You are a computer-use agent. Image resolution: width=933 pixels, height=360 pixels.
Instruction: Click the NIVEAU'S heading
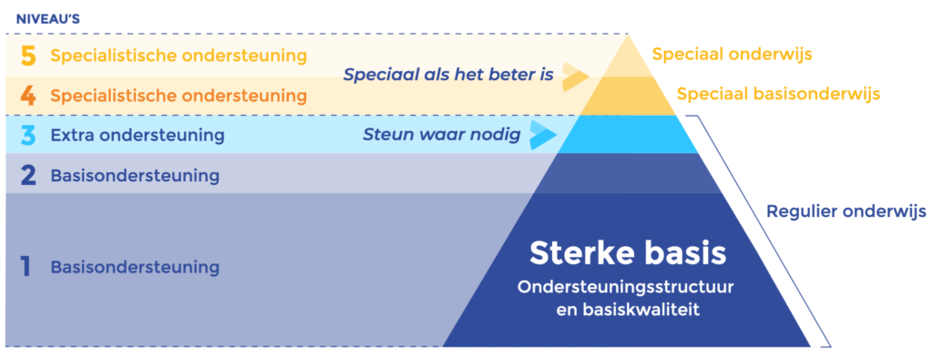click(48, 19)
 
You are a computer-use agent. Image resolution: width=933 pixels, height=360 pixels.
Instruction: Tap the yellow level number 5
click(28, 56)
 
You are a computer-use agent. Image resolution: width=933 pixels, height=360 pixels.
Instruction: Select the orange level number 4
click(28, 95)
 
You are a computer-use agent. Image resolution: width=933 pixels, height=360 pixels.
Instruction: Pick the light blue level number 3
click(28, 135)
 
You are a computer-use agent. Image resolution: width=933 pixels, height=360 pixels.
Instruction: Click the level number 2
click(28, 176)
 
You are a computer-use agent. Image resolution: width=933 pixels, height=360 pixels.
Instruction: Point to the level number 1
click(26, 267)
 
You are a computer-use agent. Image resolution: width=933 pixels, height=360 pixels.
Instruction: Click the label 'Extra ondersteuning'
click(138, 135)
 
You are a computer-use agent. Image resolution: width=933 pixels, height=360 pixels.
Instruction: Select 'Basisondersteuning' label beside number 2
click(135, 176)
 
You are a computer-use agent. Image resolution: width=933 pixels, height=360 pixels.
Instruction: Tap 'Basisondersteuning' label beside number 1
click(135, 267)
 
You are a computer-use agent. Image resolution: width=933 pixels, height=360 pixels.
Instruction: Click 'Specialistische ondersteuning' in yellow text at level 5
click(179, 56)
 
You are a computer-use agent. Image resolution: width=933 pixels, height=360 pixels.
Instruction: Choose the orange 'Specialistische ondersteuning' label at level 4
click(179, 95)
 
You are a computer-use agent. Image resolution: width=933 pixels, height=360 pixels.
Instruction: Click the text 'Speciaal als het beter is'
click(448, 76)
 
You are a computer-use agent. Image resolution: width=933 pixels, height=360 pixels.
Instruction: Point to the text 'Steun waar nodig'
click(442, 135)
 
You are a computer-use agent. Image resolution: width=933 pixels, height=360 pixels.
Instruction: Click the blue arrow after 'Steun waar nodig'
click(544, 135)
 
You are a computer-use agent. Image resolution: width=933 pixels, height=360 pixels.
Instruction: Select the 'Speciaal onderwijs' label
click(733, 55)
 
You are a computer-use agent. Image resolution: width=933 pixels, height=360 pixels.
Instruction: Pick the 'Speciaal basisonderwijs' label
click(778, 94)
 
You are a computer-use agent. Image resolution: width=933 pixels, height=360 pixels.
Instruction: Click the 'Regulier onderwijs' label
click(846, 211)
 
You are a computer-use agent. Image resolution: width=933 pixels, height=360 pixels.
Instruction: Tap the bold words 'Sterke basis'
click(628, 252)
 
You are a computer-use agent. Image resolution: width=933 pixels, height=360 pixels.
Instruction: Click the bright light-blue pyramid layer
click(627, 135)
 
